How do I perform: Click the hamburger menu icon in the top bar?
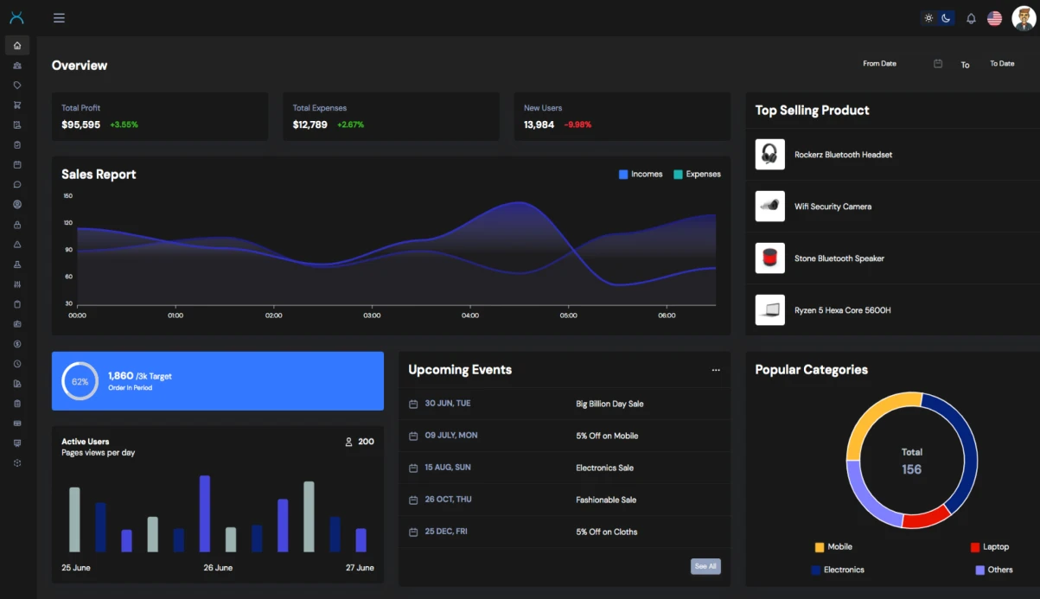[x=59, y=18]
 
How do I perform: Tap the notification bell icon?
[x=971, y=18]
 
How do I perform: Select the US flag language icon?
[x=994, y=18]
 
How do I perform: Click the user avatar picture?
[x=1023, y=18]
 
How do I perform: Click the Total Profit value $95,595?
[x=80, y=124]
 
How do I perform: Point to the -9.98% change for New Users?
[x=577, y=124]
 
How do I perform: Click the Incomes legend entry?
[x=641, y=175]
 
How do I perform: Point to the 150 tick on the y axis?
[x=68, y=196]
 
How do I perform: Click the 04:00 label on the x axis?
[x=470, y=315]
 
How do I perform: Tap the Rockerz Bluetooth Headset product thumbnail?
[x=769, y=155]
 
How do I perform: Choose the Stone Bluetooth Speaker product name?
[x=839, y=258]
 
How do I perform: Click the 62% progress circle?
[x=80, y=381]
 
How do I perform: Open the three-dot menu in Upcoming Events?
[x=716, y=370]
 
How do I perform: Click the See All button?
[x=705, y=566]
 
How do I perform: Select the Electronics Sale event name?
[x=604, y=468]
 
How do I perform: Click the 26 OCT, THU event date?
[x=448, y=500]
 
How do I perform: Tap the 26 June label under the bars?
[x=218, y=568]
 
